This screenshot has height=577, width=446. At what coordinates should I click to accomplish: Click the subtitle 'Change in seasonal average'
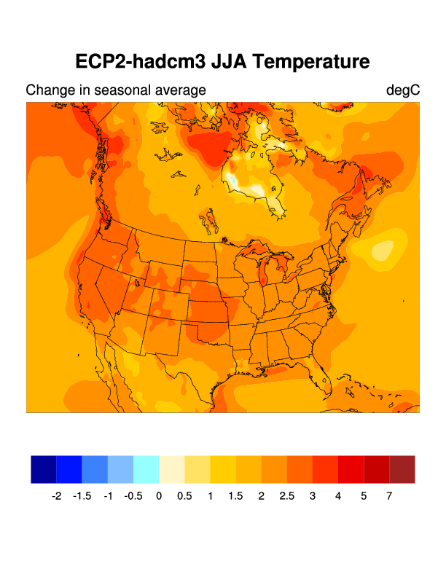(116, 90)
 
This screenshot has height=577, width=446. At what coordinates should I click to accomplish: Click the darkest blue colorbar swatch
(44, 469)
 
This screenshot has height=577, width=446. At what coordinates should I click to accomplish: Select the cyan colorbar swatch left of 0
(146, 469)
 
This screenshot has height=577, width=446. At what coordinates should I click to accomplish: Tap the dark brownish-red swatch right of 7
(402, 469)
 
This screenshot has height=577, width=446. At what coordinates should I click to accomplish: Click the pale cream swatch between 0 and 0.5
(171, 469)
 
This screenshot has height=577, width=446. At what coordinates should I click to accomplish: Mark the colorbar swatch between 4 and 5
(351, 469)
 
